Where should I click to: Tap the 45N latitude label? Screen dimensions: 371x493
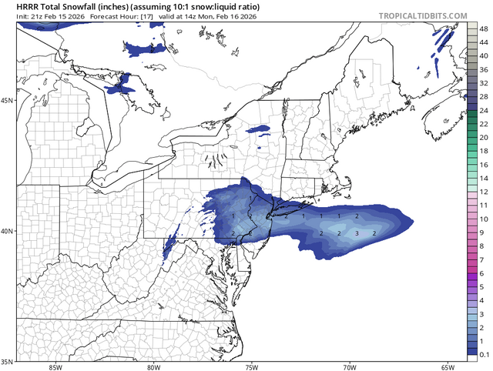(x=7, y=101)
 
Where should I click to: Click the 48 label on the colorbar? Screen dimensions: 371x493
(x=483, y=28)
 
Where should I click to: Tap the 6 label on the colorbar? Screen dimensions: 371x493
(x=481, y=273)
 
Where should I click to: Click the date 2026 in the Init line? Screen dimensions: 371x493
(x=59, y=15)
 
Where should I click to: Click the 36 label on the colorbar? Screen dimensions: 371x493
(x=483, y=69)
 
